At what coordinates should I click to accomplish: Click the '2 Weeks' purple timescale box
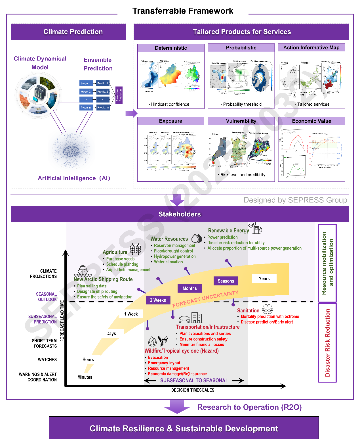pos(158,300)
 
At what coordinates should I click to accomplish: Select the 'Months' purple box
pos(190,288)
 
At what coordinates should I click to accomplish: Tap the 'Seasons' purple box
pos(226,281)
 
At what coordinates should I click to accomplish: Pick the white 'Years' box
pos(264,279)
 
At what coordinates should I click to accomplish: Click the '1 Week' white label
pos(131,314)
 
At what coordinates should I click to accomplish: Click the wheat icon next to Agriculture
pos(136,249)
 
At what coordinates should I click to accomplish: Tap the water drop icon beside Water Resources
pos(197,238)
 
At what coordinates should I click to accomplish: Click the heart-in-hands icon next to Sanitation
pos(267,309)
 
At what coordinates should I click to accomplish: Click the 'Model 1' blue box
pos(86,83)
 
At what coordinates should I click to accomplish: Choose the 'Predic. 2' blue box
pos(103,92)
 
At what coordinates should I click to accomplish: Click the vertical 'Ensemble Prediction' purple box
pos(119,95)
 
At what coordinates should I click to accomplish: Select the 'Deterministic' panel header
pos(171,48)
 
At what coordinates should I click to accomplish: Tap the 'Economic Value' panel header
pos(311,121)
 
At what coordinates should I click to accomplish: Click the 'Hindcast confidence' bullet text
pos(170,104)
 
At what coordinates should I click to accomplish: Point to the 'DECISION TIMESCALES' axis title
pos(193,390)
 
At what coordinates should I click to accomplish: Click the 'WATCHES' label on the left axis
pos(47,360)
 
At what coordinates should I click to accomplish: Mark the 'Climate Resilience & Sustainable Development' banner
pos(184,428)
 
